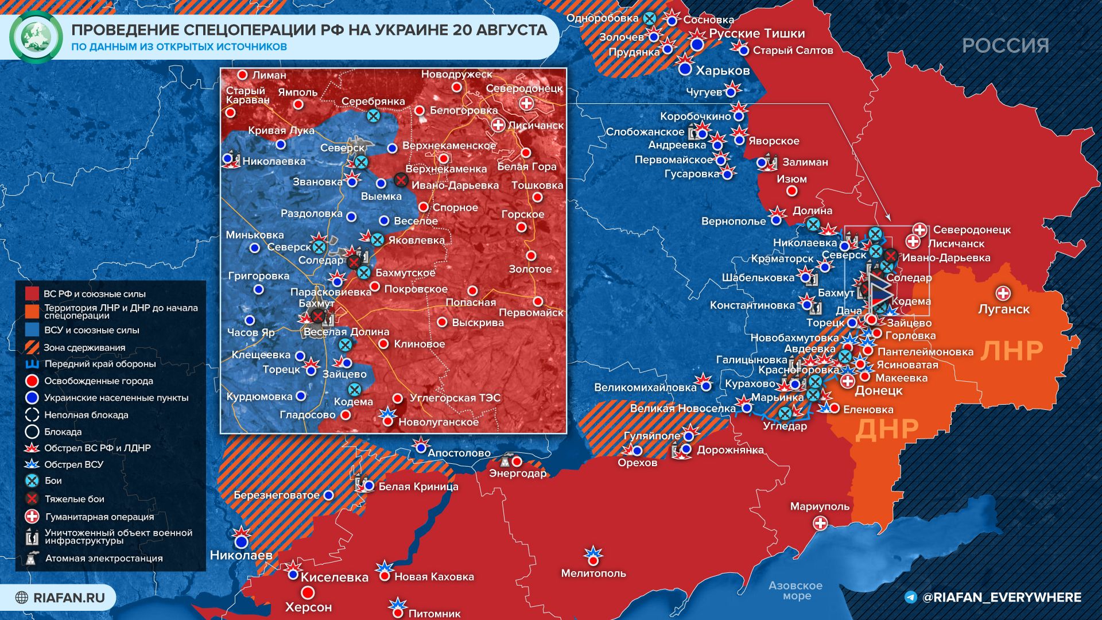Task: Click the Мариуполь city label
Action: tap(819, 506)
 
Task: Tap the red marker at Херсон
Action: tap(308, 592)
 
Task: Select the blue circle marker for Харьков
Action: tap(685, 69)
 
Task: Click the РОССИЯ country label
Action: tap(1005, 45)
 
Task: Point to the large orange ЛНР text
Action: tap(1011, 351)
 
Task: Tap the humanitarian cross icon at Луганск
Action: tap(1003, 293)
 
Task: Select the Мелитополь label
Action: tap(593, 573)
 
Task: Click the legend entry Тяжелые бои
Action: tap(74, 499)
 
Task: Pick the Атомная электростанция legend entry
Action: tap(103, 558)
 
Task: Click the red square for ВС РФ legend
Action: tap(32, 294)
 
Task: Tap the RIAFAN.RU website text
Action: tap(69, 598)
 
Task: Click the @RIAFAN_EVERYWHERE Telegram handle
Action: tap(1001, 598)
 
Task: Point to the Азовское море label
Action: tap(795, 590)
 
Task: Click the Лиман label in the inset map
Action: tap(269, 75)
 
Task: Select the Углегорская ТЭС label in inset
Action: tap(455, 398)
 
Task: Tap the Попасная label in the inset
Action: tap(470, 302)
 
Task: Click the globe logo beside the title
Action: tap(36, 36)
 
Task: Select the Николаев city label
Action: tap(240, 555)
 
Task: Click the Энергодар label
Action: tap(517, 473)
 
